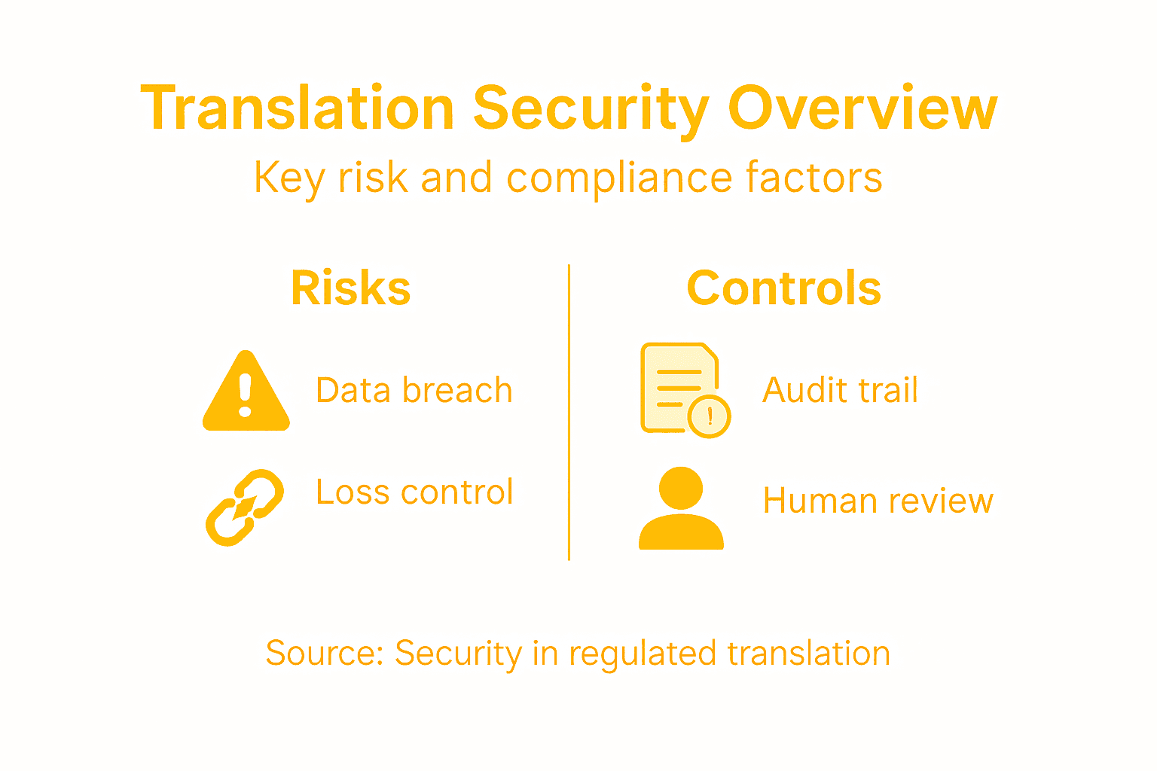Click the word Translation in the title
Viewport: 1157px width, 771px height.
coord(298,109)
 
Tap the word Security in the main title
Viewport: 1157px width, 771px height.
coord(591,109)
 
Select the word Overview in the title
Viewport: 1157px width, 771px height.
coord(862,109)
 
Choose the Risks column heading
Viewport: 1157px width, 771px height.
coord(351,288)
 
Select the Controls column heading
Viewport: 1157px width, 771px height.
coord(783,288)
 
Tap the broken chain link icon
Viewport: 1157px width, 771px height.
coord(245,507)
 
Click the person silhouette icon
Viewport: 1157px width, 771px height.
coord(681,508)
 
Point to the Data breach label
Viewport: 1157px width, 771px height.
coord(414,391)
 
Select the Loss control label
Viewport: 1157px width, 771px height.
coord(414,492)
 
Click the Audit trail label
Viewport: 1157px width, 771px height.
coord(840,391)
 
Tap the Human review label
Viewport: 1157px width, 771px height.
coord(878,501)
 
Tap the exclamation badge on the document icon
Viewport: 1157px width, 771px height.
coord(710,416)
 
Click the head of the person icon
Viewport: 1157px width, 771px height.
coord(681,489)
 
